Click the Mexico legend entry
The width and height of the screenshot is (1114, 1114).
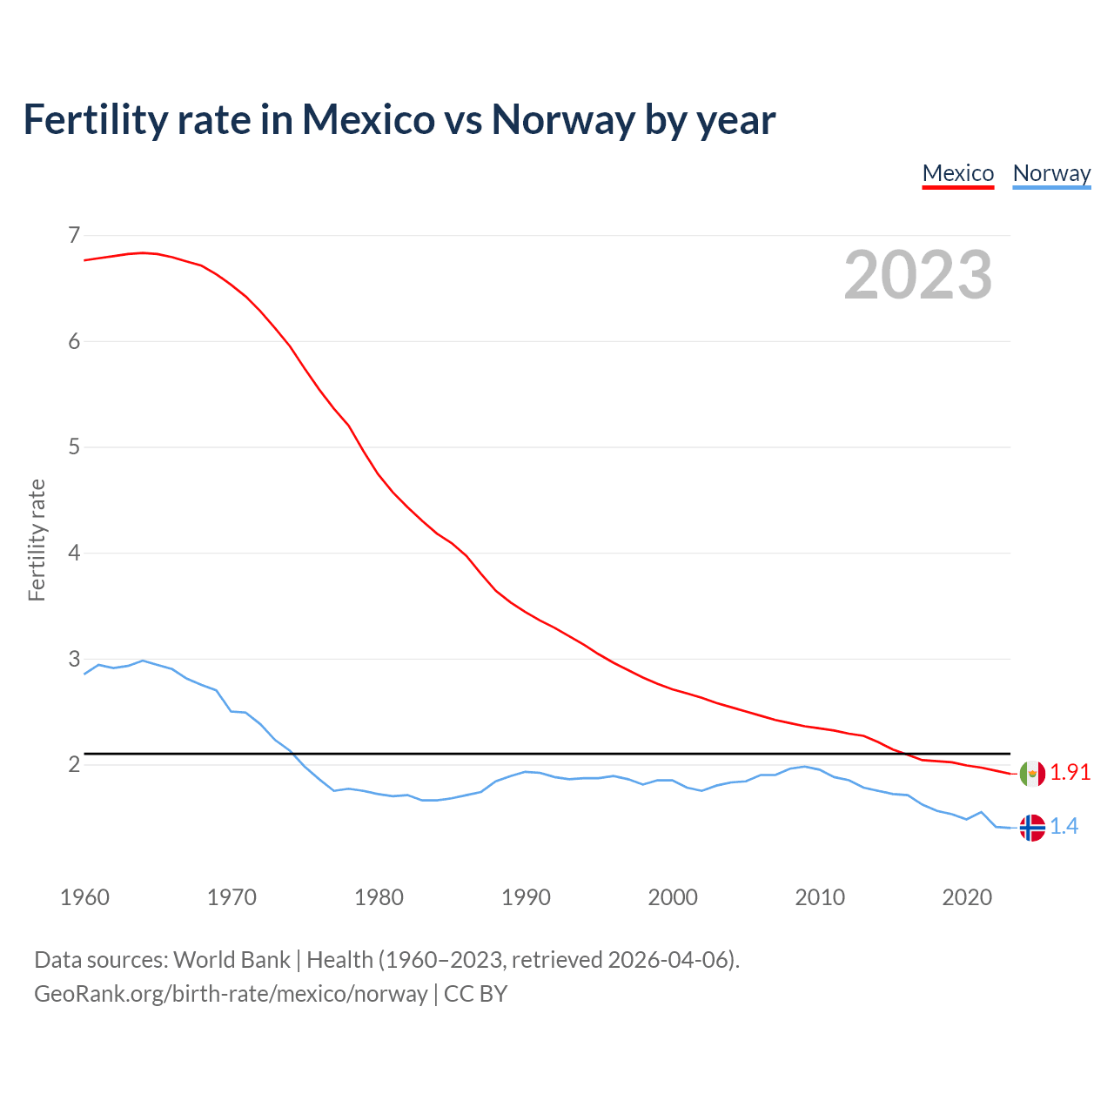pyautogui.click(x=957, y=173)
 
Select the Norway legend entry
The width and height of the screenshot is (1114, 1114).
pyautogui.click(x=1051, y=173)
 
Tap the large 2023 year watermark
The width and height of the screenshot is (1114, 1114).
pyautogui.click(x=918, y=275)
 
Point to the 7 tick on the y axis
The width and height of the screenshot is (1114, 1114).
pyautogui.click(x=73, y=235)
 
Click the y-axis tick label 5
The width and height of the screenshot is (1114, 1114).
pyautogui.click(x=73, y=447)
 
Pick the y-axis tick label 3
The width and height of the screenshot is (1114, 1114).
pyautogui.click(x=73, y=659)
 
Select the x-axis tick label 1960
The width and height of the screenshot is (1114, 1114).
pyautogui.click(x=84, y=897)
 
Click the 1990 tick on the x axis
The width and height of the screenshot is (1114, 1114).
pyautogui.click(x=526, y=897)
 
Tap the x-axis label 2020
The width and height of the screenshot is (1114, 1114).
pyautogui.click(x=967, y=897)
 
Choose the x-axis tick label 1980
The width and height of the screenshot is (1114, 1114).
pyautogui.click(x=379, y=897)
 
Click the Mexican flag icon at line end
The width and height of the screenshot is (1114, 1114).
pyautogui.click(x=1032, y=773)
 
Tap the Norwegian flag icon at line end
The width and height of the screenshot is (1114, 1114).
pyautogui.click(x=1032, y=827)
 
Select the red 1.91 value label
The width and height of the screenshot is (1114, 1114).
pyautogui.click(x=1070, y=773)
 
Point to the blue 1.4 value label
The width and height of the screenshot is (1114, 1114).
pyautogui.click(x=1064, y=827)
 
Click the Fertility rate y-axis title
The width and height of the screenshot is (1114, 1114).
pyautogui.click(x=37, y=540)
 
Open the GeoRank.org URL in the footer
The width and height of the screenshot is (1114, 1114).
pyautogui.click(x=231, y=994)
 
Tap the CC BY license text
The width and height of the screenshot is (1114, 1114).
pyautogui.click(x=475, y=994)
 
